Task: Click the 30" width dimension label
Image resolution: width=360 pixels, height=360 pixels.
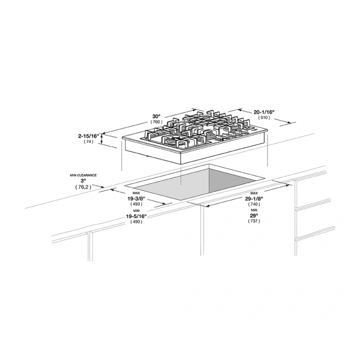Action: click(x=156, y=116)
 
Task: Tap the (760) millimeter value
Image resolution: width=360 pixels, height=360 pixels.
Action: click(x=156, y=123)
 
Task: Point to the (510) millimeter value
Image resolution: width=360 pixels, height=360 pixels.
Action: click(x=264, y=117)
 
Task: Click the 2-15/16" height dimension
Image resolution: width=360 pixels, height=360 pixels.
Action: click(x=89, y=136)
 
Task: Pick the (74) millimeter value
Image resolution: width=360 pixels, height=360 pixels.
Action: click(x=89, y=142)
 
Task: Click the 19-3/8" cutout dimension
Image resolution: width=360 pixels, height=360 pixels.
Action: click(x=136, y=198)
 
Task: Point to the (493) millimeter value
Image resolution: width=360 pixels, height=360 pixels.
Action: click(x=136, y=204)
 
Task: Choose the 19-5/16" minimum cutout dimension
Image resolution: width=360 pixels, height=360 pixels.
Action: click(x=136, y=216)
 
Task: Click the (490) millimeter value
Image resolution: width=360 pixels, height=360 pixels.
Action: click(x=136, y=222)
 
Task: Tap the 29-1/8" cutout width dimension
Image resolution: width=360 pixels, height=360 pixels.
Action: click(x=254, y=198)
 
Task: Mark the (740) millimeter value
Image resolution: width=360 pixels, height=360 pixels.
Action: click(x=254, y=204)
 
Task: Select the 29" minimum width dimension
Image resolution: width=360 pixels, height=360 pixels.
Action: click(x=254, y=216)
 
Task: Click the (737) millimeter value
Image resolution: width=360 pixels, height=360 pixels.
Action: click(x=254, y=222)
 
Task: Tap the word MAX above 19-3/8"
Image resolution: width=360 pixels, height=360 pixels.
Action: click(x=136, y=193)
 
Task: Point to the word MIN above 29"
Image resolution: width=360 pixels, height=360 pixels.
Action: click(x=254, y=211)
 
